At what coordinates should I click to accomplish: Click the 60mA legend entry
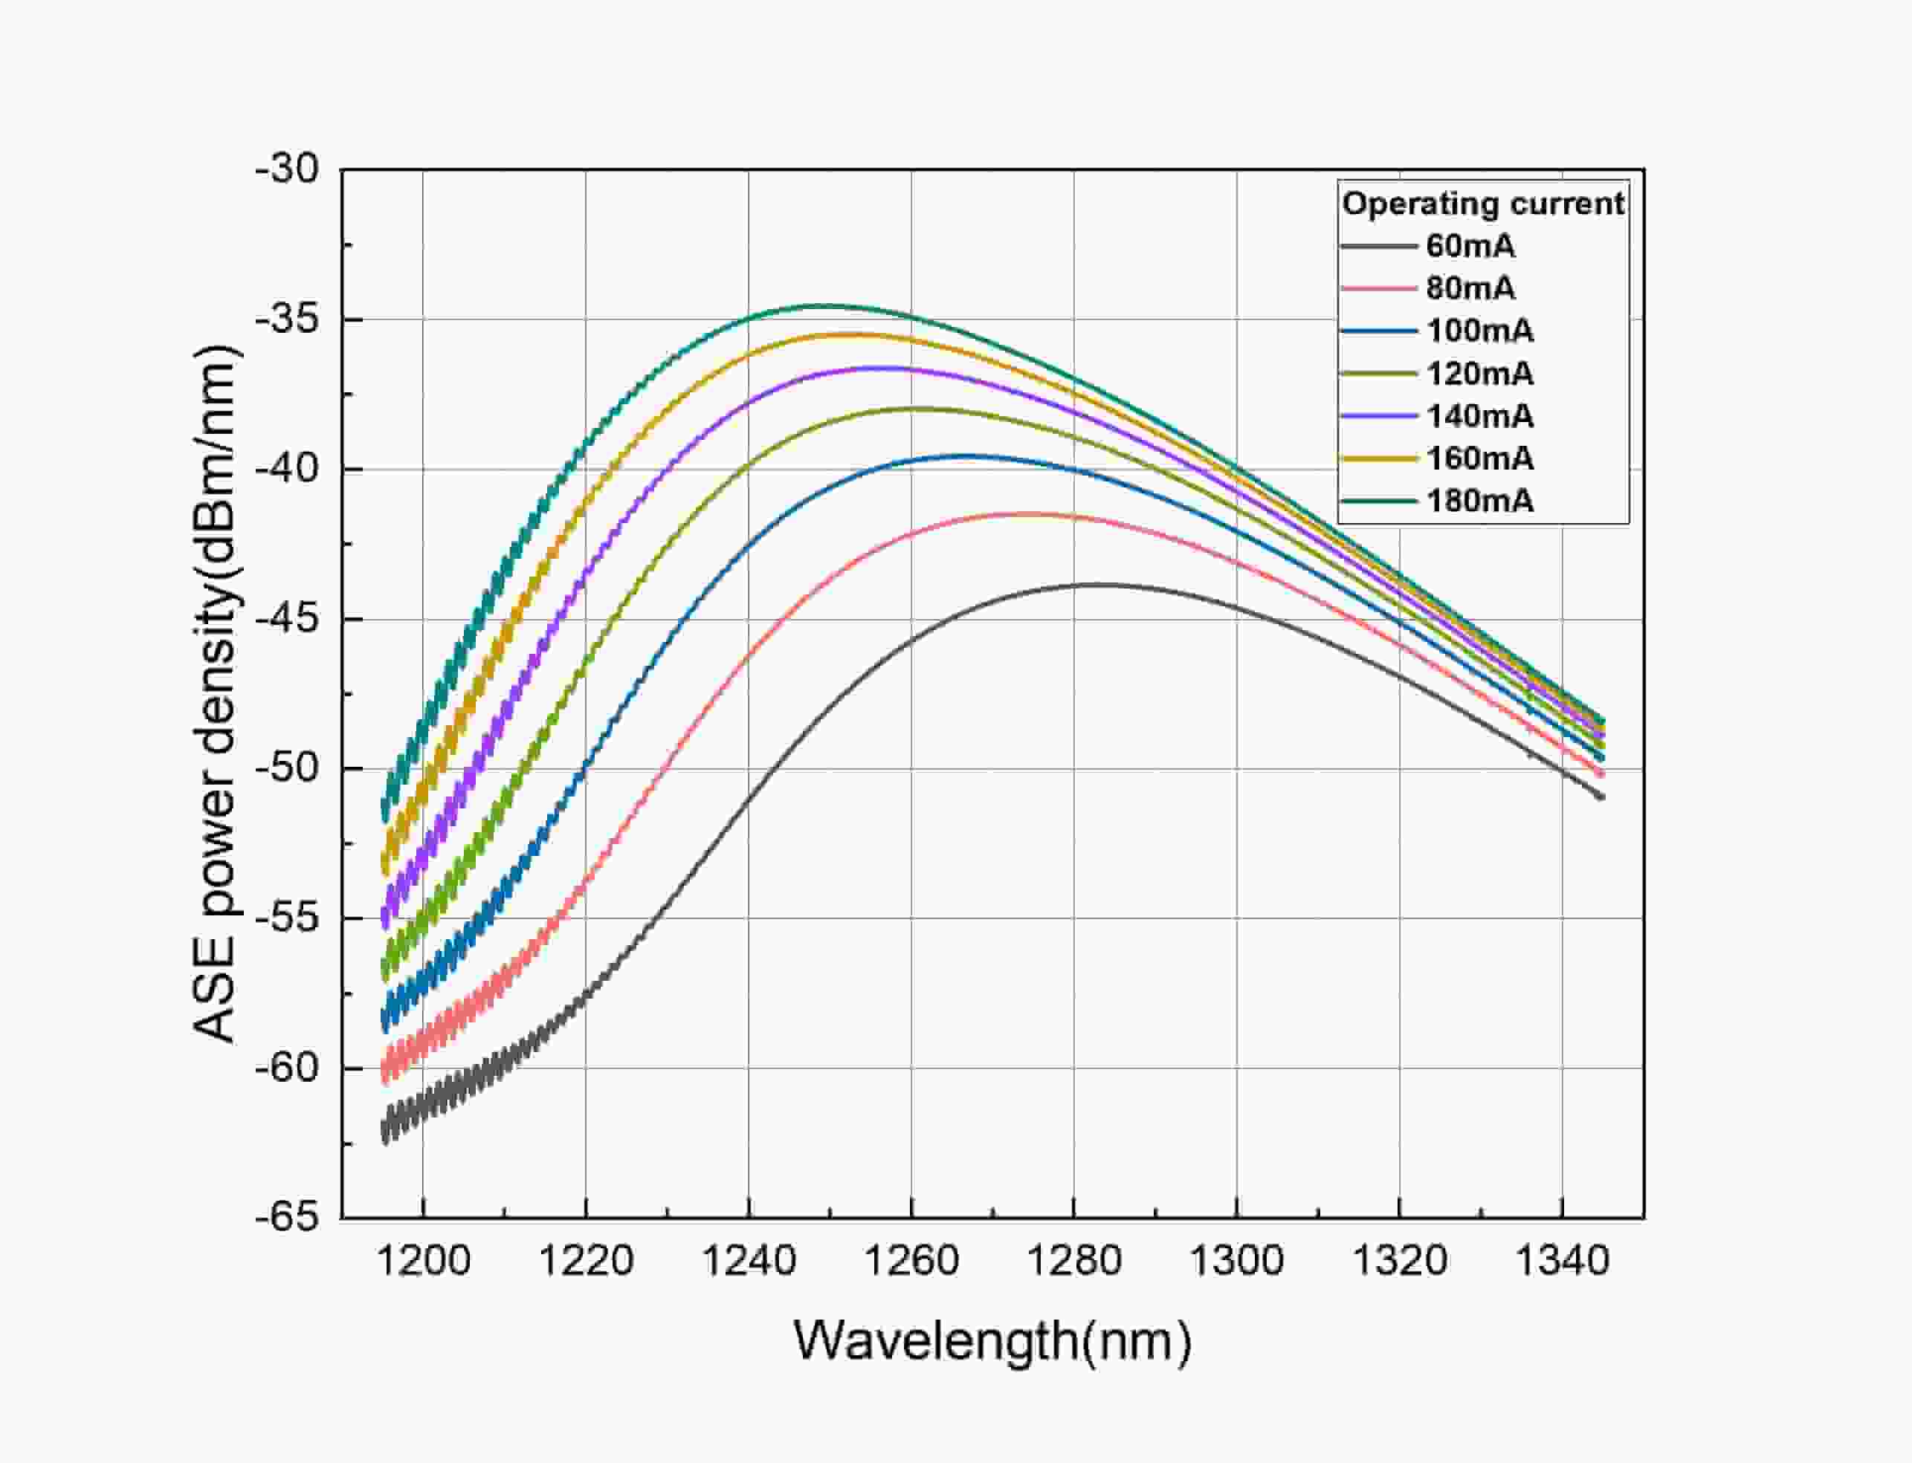coord(1470,247)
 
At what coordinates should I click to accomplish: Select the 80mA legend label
coord(1470,288)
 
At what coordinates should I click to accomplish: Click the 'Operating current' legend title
coord(1482,204)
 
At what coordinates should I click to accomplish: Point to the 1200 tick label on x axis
coord(423,1260)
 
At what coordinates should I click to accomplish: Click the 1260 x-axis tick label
coord(911,1260)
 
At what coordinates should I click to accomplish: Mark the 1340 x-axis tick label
coord(1563,1260)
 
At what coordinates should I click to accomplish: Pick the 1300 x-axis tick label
coord(1237,1260)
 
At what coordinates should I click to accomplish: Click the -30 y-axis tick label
coord(288,169)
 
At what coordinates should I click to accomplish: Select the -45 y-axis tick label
coord(288,618)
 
